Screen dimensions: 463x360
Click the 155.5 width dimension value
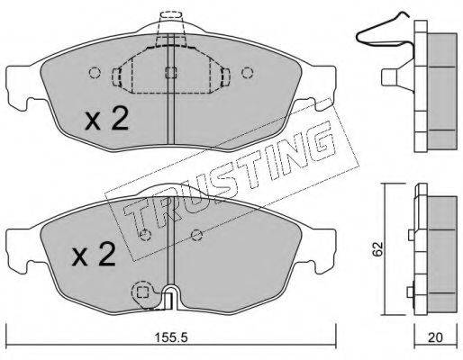tap(170, 338)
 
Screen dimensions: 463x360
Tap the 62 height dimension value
tap(377, 248)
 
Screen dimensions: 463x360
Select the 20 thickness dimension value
tap(435, 338)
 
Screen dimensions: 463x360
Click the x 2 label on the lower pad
tap(94, 255)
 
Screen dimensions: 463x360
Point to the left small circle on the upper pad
tap(95, 73)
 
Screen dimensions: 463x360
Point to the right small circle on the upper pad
tap(247, 73)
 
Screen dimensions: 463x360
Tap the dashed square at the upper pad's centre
tap(171, 73)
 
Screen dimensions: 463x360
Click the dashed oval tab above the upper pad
tap(170, 14)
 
